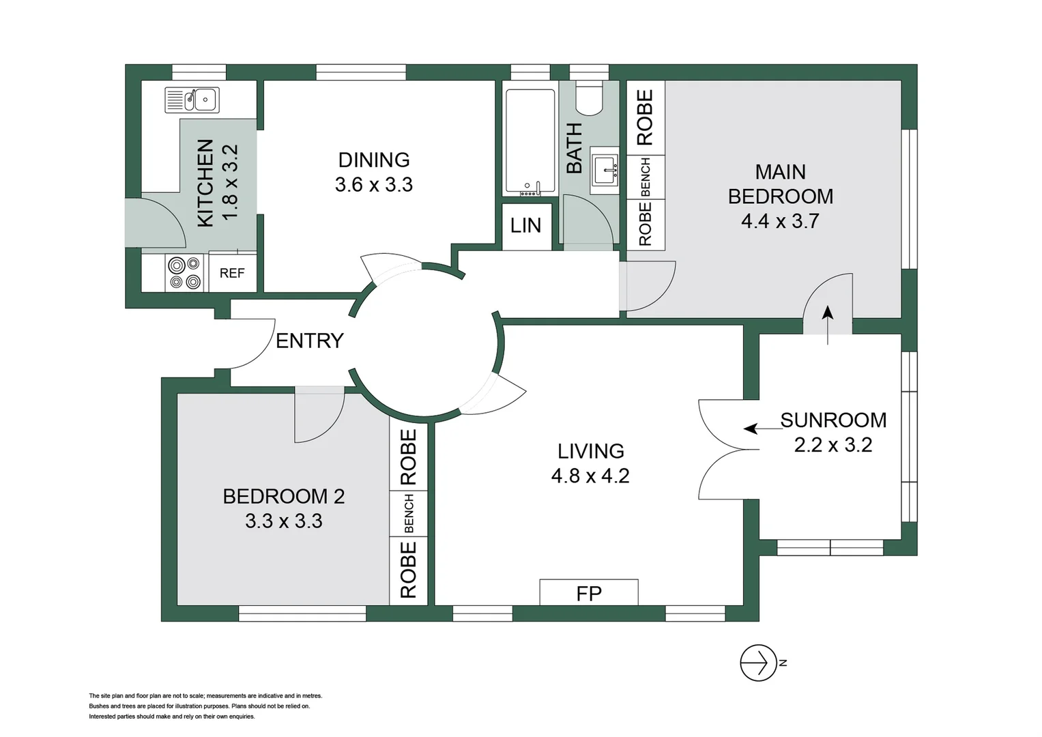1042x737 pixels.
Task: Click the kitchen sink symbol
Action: (x=192, y=100)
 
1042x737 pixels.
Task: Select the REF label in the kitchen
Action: (x=232, y=273)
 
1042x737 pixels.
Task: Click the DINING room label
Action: (x=374, y=160)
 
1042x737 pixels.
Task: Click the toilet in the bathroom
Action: (x=588, y=99)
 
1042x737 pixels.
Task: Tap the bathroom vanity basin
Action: (x=605, y=171)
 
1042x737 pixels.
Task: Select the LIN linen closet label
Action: (x=525, y=225)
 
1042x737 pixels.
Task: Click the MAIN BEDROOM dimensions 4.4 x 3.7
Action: (x=780, y=221)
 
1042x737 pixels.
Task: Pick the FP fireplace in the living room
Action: (x=589, y=593)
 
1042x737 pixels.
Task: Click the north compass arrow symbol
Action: (x=759, y=663)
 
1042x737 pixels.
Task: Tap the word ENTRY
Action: (x=309, y=341)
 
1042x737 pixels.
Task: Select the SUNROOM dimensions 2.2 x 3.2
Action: (x=833, y=445)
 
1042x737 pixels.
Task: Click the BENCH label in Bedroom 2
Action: (x=409, y=513)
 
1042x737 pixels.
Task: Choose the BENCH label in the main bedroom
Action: (x=646, y=177)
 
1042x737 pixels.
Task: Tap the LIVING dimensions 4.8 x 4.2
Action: (x=590, y=476)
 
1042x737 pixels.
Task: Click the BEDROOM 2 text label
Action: (x=284, y=496)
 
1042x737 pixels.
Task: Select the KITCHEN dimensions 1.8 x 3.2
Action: (x=230, y=182)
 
